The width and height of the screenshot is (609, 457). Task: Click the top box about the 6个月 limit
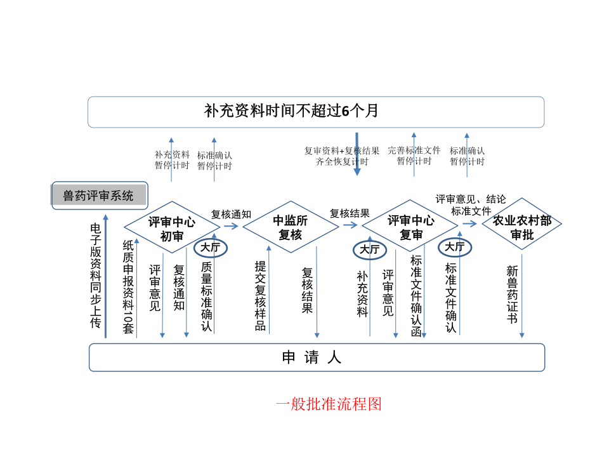coord(315,112)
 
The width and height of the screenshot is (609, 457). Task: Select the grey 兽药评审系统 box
coord(99,196)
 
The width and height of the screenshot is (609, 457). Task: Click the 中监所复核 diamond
coord(291,227)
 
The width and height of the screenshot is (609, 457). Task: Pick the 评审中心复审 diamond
coord(410,227)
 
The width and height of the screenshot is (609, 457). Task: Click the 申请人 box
coord(316,357)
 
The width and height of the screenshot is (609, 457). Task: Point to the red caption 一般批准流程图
coord(329,404)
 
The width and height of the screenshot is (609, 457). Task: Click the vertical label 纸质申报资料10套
coord(129,287)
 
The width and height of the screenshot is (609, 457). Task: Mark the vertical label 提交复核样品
coord(260,296)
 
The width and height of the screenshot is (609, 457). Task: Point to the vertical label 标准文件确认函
coord(416,296)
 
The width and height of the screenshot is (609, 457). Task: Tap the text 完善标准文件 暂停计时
coord(414,156)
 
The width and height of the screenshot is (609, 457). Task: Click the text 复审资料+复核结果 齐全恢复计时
coord(342,156)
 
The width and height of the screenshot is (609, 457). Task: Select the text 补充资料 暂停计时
coord(172,160)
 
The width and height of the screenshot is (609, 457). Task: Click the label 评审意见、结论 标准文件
coord(471,204)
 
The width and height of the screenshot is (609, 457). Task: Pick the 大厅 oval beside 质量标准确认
coord(210,248)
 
